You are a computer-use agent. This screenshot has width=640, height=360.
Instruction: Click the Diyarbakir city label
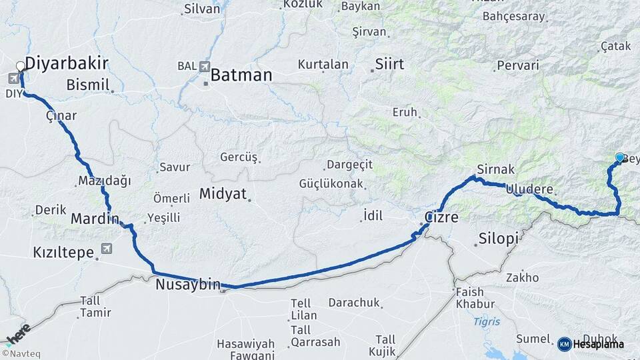67,63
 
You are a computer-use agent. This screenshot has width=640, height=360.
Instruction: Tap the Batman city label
241,75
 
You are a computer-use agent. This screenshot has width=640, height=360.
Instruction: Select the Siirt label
390,64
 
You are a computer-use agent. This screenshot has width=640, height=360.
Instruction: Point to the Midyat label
223,194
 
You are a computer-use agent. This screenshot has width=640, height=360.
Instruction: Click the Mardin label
95,219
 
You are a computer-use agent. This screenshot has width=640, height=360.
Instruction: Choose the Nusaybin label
187,285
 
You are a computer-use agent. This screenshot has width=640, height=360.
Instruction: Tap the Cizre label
441,217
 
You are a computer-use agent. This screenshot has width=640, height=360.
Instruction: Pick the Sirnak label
494,169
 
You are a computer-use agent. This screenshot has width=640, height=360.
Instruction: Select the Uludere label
530,189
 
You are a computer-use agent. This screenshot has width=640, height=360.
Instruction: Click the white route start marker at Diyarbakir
21,66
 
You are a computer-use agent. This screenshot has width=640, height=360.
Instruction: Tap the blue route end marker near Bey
619,157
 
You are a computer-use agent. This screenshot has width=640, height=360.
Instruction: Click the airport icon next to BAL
204,67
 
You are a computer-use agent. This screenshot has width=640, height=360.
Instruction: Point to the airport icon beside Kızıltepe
105,248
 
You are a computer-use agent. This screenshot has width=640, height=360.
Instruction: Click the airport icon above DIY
13,79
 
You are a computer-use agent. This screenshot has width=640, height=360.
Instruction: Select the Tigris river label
487,321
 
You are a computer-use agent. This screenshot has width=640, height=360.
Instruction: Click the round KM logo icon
564,344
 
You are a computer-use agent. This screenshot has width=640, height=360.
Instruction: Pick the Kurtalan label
323,65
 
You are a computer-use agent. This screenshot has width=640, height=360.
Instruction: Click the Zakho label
522,277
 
